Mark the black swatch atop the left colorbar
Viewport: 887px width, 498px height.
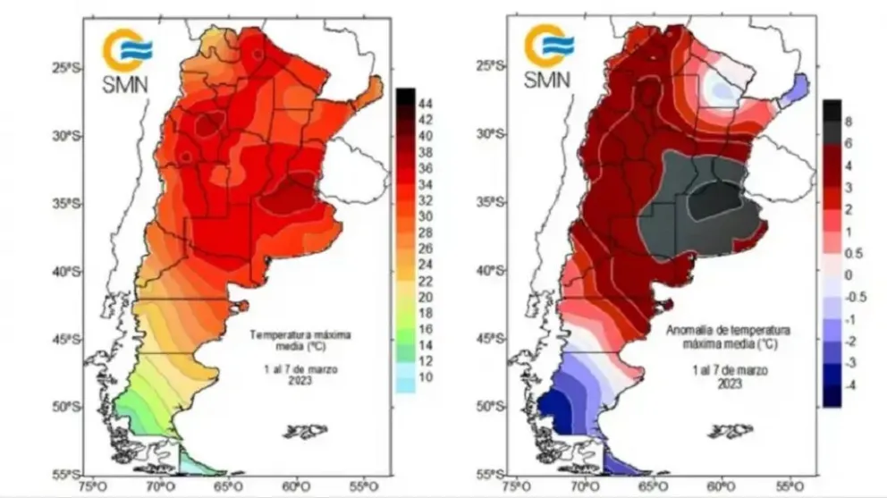point(404,95)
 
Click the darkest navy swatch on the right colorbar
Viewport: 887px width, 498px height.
point(832,395)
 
